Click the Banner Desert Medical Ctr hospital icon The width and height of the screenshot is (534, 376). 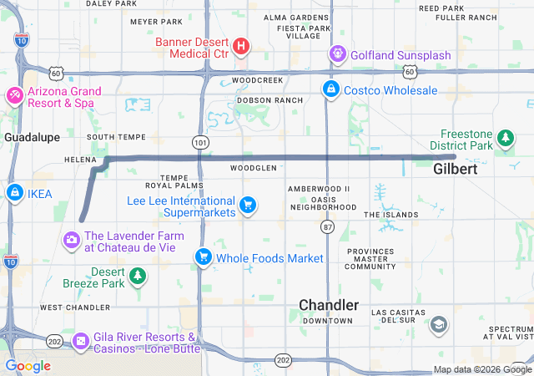pyautogui.click(x=240, y=45)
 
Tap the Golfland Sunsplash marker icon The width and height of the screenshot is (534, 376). pyautogui.click(x=337, y=55)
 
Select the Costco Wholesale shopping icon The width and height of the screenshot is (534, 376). pyautogui.click(x=331, y=89)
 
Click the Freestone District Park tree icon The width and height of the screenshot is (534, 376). pyautogui.click(x=505, y=137)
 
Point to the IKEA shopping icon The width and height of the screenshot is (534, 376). pyautogui.click(x=14, y=194)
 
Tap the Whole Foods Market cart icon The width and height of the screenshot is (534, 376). pyautogui.click(x=203, y=257)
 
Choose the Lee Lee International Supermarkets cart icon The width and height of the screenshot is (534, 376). pyautogui.click(x=247, y=204)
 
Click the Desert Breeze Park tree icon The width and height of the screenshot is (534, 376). pyautogui.click(x=139, y=276)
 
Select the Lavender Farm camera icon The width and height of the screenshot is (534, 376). pyautogui.click(x=71, y=241)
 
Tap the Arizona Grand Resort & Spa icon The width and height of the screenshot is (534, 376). pyautogui.click(x=14, y=96)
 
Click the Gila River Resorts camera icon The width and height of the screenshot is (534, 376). pyautogui.click(x=81, y=341)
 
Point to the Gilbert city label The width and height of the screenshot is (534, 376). pyautogui.click(x=456, y=169)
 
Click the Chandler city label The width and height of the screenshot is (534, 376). pyautogui.click(x=329, y=305)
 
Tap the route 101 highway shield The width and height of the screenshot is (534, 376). pyautogui.click(x=199, y=143)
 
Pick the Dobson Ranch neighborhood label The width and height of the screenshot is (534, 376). pyautogui.click(x=270, y=99)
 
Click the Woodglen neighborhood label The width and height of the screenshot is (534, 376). pyautogui.click(x=254, y=168)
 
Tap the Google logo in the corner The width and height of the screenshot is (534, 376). pyautogui.click(x=28, y=366)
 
